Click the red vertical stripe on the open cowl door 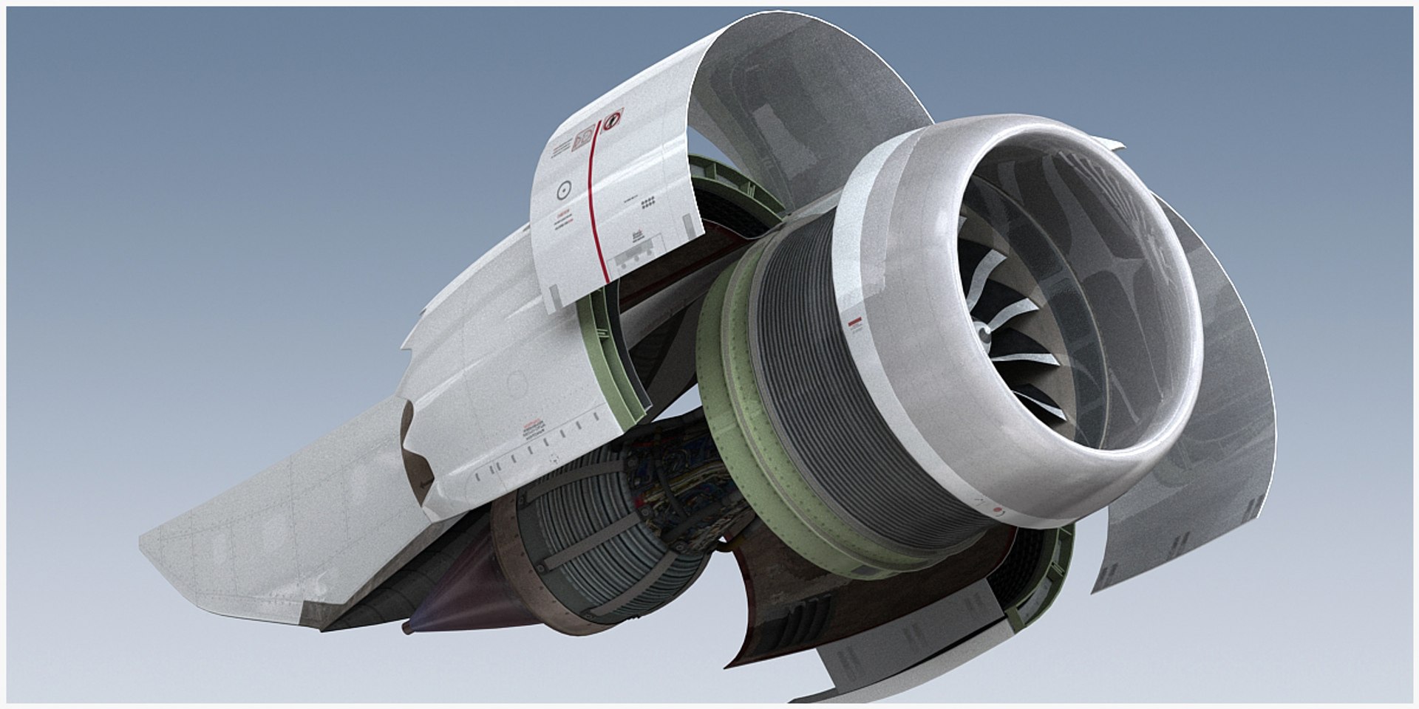595,214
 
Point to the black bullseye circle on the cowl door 564,190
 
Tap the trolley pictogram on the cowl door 633,236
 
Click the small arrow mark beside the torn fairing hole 423,484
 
